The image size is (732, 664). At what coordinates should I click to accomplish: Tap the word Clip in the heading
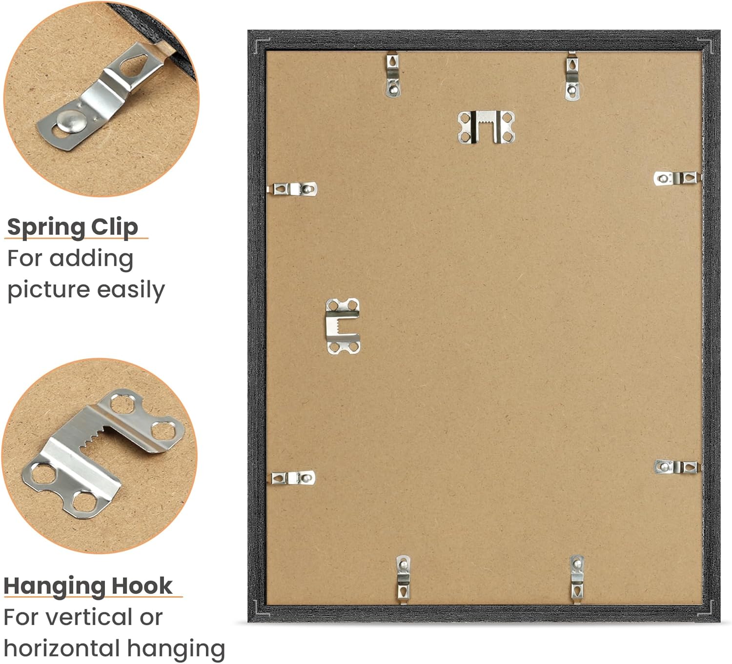(114, 227)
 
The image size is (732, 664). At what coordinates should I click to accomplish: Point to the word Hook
(142, 586)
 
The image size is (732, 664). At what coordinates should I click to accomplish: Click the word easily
(131, 290)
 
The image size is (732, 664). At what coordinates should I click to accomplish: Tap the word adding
(91, 260)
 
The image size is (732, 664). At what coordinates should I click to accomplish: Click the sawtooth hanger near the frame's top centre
(486, 126)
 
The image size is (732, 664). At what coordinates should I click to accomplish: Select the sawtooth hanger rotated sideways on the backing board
(343, 326)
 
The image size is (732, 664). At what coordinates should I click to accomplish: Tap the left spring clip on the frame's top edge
(393, 75)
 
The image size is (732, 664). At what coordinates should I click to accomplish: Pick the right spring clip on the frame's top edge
(572, 76)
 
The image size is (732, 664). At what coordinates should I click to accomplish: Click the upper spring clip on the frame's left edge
(293, 189)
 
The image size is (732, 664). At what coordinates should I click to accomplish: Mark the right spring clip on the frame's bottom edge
(577, 580)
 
